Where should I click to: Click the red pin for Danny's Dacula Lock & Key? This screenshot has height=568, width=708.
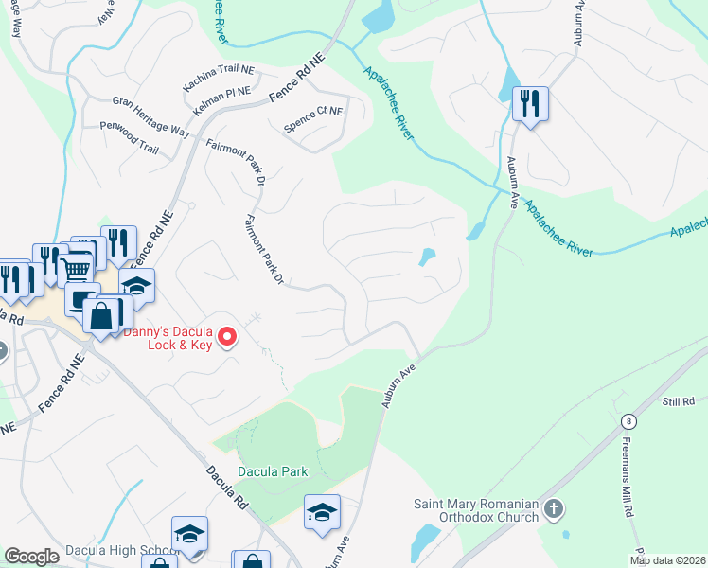point(227,336)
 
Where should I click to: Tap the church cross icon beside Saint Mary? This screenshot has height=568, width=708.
point(555,510)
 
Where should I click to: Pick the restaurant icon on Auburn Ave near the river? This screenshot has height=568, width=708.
point(530,102)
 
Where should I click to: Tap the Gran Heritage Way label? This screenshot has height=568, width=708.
point(150,114)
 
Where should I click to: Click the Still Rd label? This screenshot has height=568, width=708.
point(678,401)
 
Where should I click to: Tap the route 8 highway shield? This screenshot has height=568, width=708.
point(627,421)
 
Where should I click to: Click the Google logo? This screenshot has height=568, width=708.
point(31,557)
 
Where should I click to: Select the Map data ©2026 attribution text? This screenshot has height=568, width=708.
point(667,560)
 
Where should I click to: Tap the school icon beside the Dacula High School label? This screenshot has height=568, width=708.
point(189,533)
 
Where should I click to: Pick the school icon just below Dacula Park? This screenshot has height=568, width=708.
point(322,512)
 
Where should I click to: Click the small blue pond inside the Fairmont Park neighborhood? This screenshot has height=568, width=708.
point(428,257)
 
